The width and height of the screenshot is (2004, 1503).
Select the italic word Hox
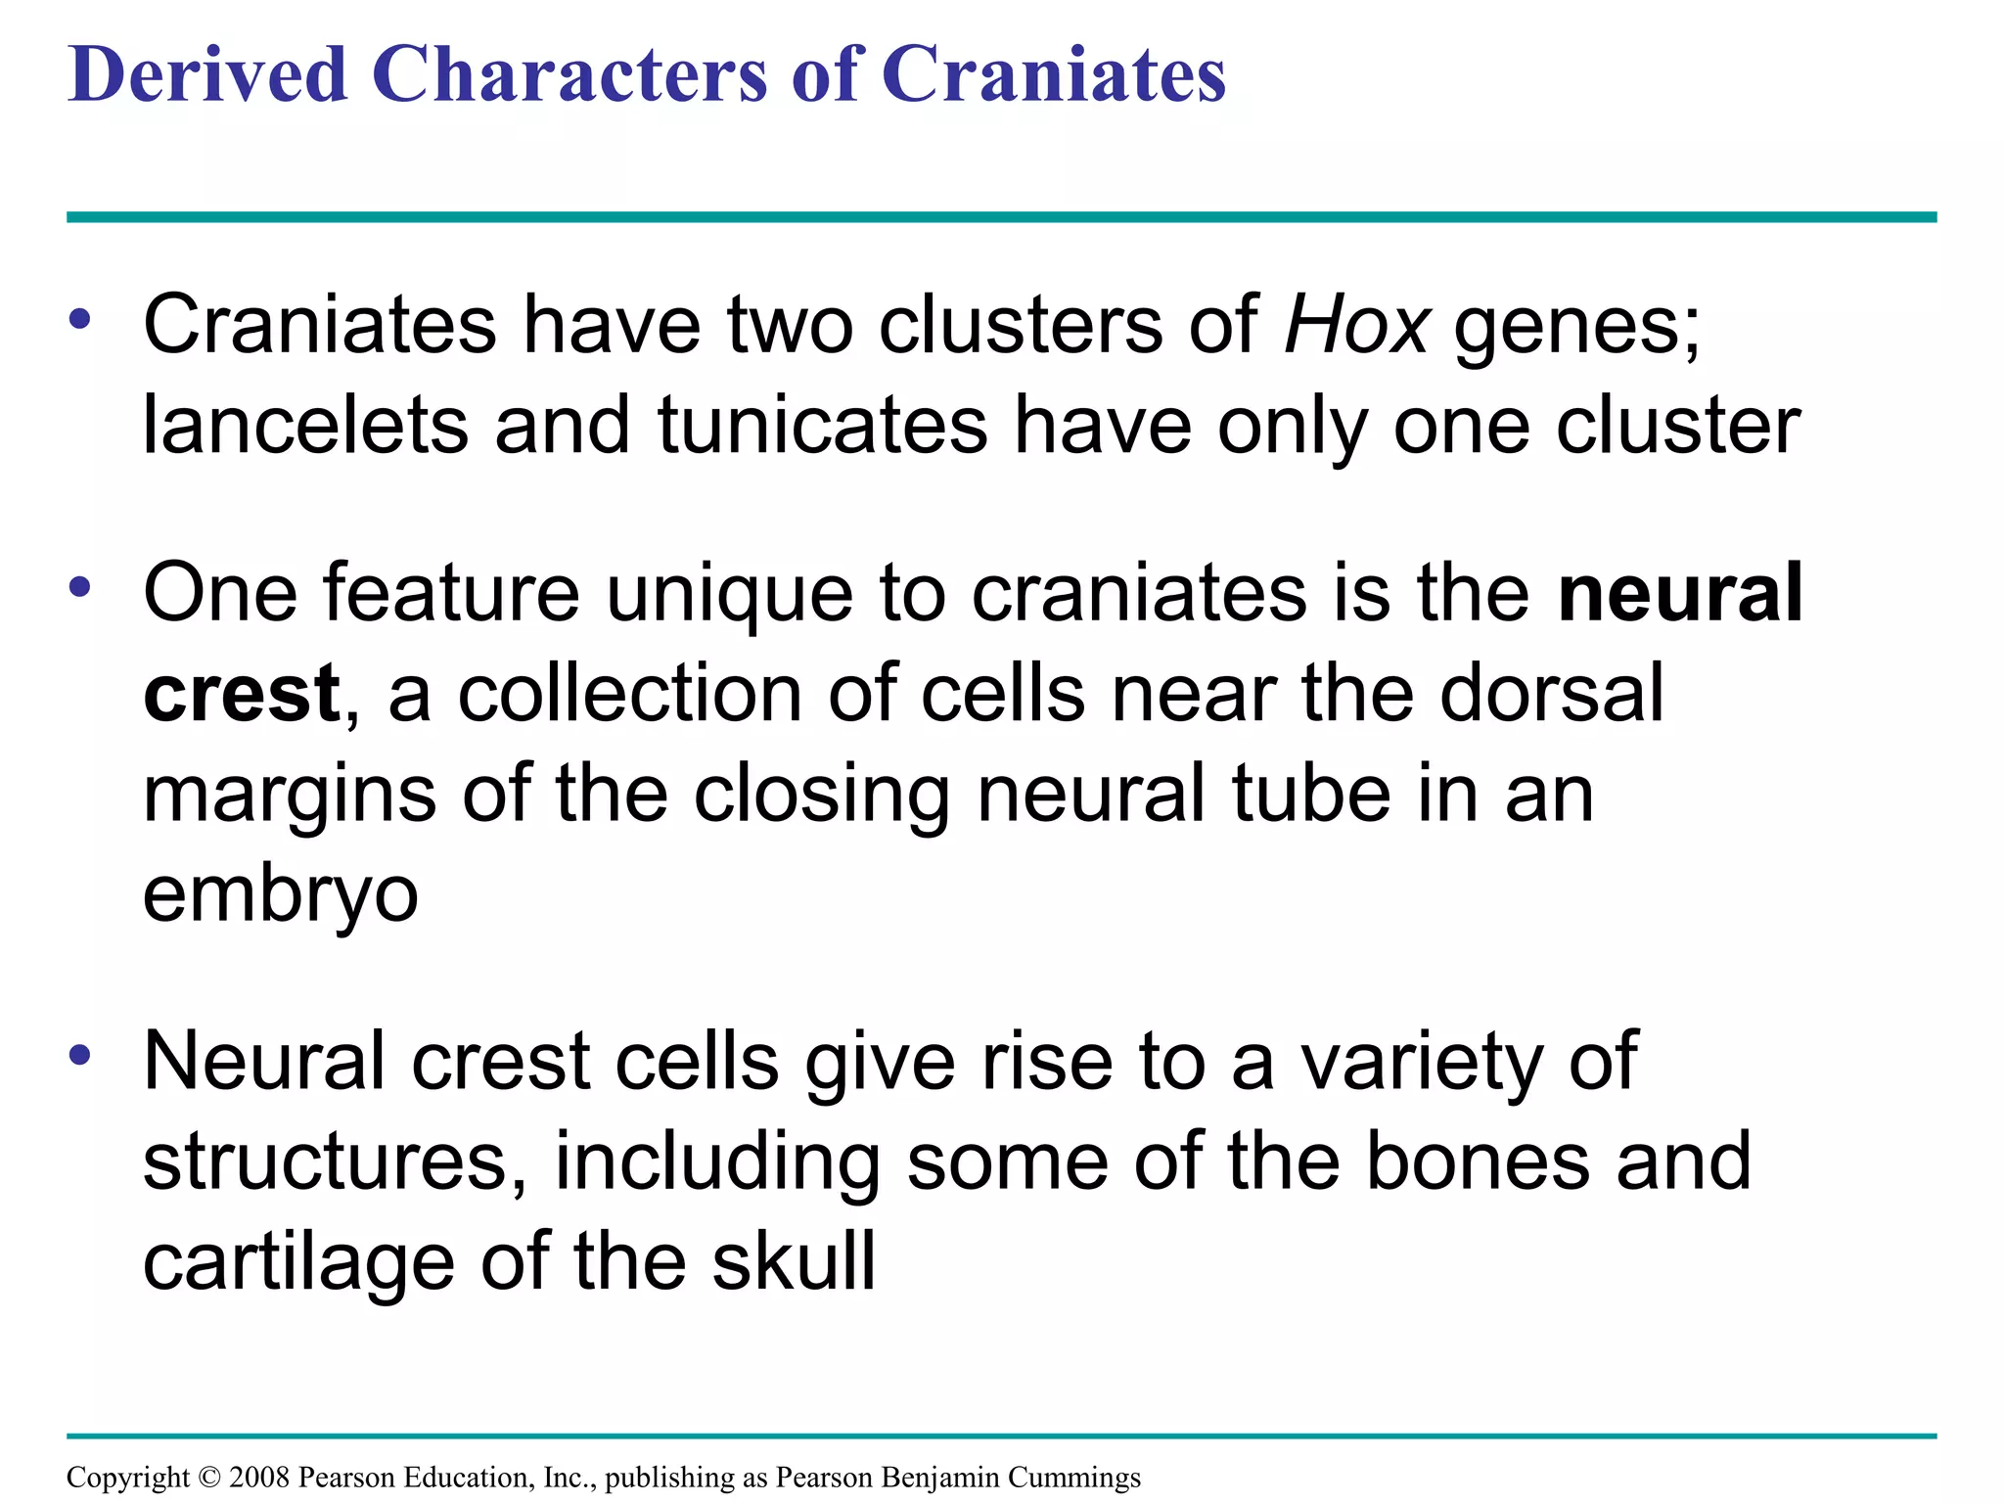click(1356, 325)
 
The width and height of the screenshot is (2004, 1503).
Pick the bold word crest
click(242, 694)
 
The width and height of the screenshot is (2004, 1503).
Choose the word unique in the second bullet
click(729, 594)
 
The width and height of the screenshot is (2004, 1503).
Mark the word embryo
click(281, 893)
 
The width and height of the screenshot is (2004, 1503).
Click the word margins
click(290, 795)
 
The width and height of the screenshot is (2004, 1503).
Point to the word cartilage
click(298, 1262)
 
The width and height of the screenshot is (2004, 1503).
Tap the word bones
click(1478, 1161)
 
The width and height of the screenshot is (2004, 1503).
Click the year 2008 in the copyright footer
click(259, 1478)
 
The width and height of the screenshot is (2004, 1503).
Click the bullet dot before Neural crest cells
click(80, 1056)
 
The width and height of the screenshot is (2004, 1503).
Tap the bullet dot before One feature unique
click(80, 588)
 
